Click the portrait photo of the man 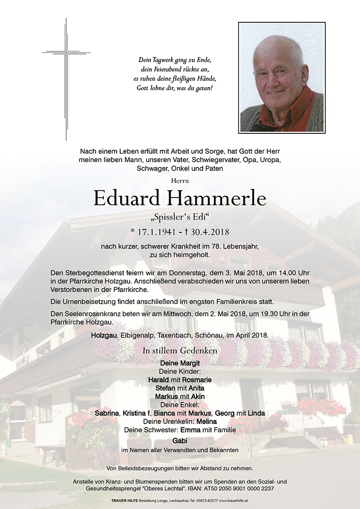point(282,77)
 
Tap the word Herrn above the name point(180,181)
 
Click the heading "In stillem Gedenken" point(180,351)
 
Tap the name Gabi point(180,440)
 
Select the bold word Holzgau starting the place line point(105,336)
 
